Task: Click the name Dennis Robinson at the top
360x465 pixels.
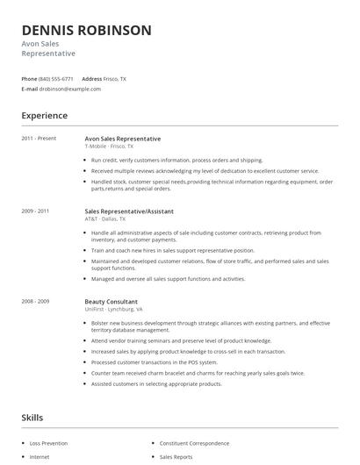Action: pos(86,30)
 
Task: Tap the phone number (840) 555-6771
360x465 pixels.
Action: pos(57,79)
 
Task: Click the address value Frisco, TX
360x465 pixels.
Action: pos(115,79)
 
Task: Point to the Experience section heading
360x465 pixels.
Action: pos(44,115)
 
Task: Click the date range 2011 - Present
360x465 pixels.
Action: pos(38,139)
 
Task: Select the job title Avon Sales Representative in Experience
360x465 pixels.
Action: pos(122,139)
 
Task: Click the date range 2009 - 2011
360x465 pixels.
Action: pos(36,211)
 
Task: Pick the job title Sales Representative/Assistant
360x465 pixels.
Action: pos(129,211)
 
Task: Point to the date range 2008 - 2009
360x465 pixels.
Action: pos(36,301)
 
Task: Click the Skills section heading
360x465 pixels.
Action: pos(32,418)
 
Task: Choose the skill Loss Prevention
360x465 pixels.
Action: pos(49,444)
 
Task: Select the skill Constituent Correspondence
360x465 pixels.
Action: pos(194,444)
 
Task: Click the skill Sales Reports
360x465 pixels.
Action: pos(176,457)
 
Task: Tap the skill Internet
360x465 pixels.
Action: pos(40,457)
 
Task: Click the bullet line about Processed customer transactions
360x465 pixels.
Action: pos(154,361)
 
